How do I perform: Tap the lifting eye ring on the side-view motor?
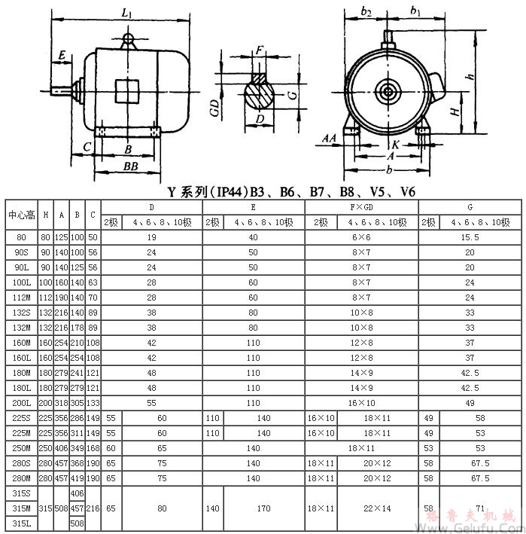click(x=129, y=38)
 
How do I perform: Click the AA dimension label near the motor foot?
click(x=329, y=139)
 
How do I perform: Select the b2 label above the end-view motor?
click(x=366, y=12)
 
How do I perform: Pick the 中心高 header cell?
click(x=22, y=215)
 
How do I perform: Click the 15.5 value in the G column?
click(x=470, y=237)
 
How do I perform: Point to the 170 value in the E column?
click(x=263, y=508)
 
